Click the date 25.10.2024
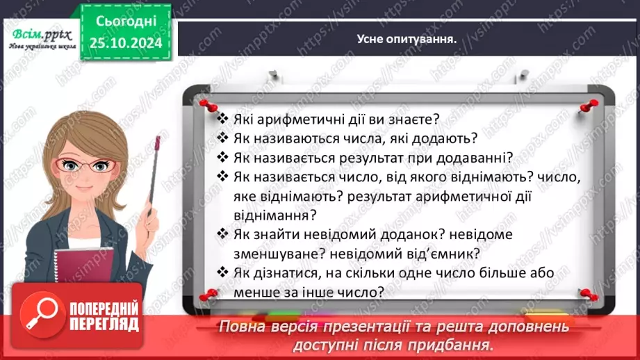125,43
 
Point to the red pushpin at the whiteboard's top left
206,104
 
